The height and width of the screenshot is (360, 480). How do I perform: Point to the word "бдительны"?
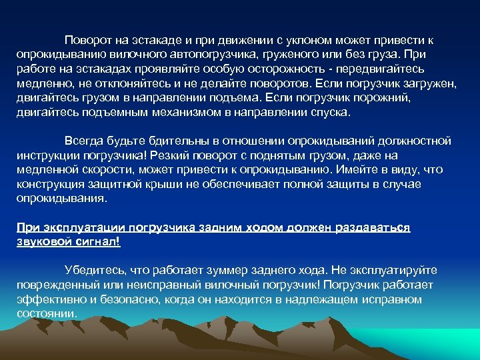[159, 141]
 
